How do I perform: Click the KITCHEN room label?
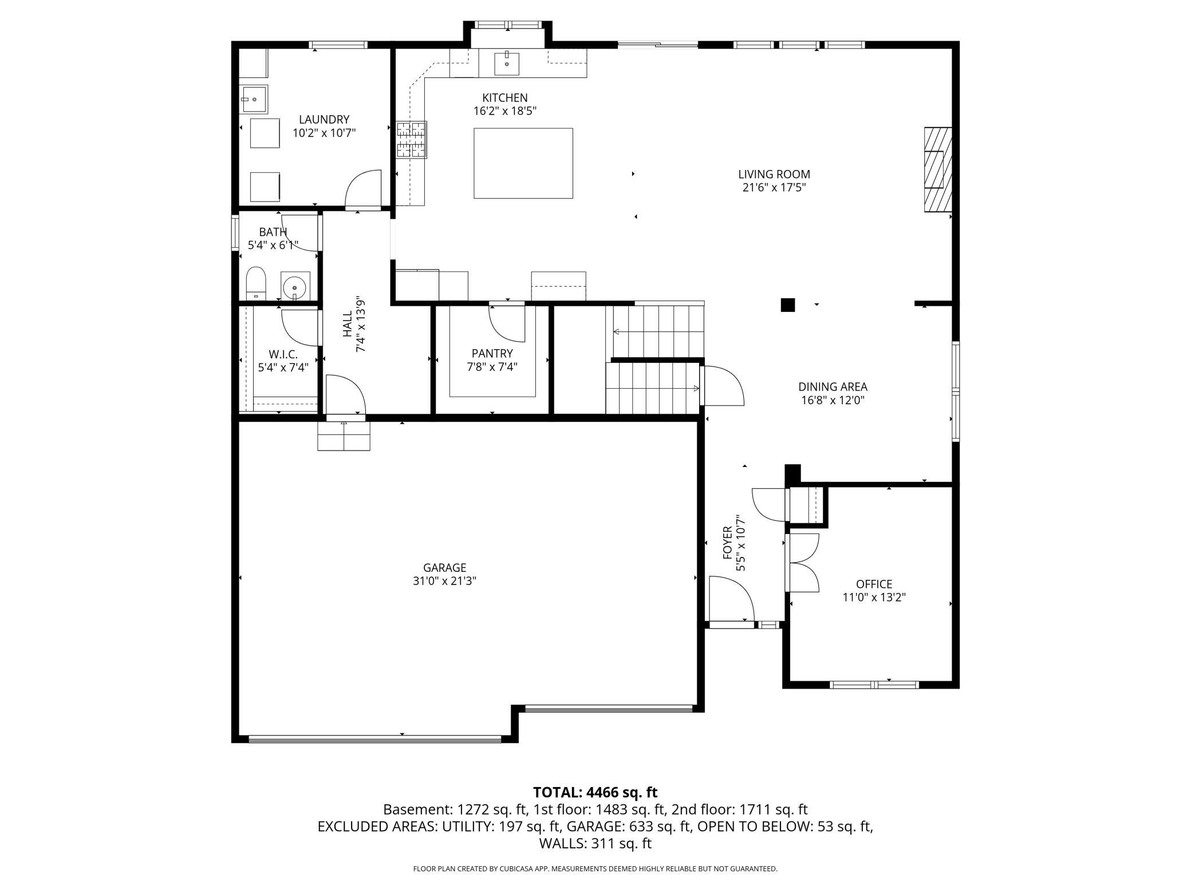[x=504, y=98]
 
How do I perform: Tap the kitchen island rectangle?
[x=523, y=163]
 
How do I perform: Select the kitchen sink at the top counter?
[x=507, y=64]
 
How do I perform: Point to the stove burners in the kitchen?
[x=412, y=140]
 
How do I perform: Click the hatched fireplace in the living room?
[x=937, y=169]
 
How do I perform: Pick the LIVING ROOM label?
[x=774, y=174]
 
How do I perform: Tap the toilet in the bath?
[x=256, y=283]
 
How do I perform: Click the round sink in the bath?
[x=295, y=286]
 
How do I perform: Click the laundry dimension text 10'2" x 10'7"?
[x=324, y=133]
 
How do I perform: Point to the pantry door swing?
[x=507, y=322]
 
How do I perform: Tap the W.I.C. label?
[x=283, y=354]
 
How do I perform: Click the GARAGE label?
[x=444, y=567]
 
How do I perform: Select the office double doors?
[x=803, y=562]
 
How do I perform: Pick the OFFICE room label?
[x=874, y=584]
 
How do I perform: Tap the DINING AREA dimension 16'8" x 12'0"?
[x=833, y=400]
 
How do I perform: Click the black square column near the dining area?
[x=788, y=305]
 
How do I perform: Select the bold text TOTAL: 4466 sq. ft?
[x=595, y=792]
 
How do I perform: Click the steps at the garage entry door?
[x=344, y=436]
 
